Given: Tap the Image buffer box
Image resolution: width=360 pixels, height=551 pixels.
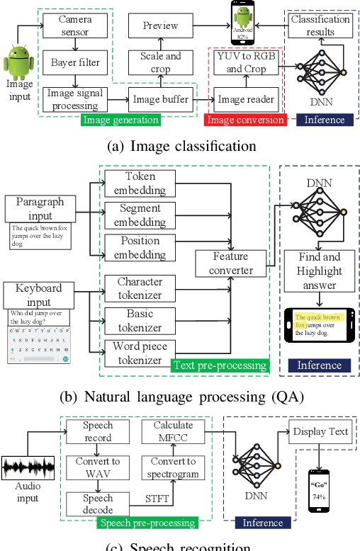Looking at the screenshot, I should click(x=162, y=100).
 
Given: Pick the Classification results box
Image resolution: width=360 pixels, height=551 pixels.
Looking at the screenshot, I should click(x=320, y=26).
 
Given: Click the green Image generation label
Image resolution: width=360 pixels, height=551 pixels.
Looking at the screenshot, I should click(x=121, y=120).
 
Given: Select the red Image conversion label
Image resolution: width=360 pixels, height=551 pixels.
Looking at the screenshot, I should click(x=246, y=120).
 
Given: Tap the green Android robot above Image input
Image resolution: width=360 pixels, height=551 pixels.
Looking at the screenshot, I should click(x=19, y=62).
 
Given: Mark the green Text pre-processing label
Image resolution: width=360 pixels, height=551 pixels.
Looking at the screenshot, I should click(x=219, y=365).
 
